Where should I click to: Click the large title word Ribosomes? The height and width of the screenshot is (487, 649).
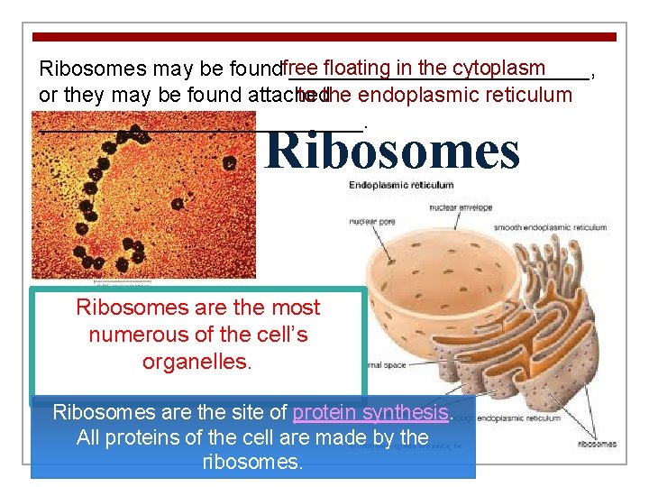[393, 151]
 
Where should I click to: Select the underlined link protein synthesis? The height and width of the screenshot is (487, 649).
[370, 413]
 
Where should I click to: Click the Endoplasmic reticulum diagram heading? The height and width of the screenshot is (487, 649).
[401, 185]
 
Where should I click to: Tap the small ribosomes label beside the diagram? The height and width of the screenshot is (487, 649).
[598, 444]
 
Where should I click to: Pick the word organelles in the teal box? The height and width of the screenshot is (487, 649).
[197, 362]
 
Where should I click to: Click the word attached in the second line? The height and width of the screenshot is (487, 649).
[286, 95]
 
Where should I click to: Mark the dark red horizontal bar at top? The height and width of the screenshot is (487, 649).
[324, 37]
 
